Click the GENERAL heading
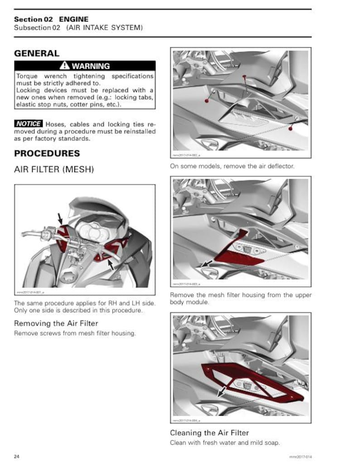click(x=37, y=53)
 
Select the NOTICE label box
click(x=28, y=124)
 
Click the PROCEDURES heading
click(x=47, y=153)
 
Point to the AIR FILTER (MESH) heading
click(x=54, y=170)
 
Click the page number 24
click(x=17, y=455)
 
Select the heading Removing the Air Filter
click(x=56, y=323)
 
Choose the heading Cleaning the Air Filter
click(x=209, y=432)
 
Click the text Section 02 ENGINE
click(x=51, y=19)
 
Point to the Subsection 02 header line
click(x=78, y=28)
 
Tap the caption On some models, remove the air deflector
click(x=232, y=166)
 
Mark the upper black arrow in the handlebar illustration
click(x=60, y=218)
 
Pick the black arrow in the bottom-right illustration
click(x=222, y=391)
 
